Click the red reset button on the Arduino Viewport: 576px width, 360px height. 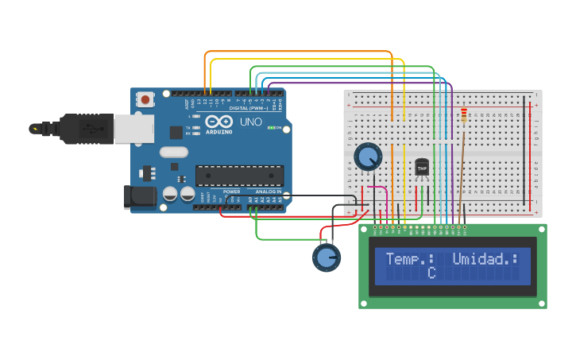click(146, 99)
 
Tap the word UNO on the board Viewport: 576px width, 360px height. click(251, 122)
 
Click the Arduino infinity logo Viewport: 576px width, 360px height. click(218, 122)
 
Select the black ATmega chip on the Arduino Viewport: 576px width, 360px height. click(239, 176)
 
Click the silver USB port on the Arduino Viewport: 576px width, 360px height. click(134, 128)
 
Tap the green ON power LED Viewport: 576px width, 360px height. click(271, 128)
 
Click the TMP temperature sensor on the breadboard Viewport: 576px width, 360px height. click(422, 168)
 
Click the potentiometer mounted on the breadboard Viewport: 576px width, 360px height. click(367, 157)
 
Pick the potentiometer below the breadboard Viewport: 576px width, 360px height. click(326, 257)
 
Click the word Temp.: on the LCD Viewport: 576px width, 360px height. click(410, 258)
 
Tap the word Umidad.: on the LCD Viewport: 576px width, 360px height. click(485, 258)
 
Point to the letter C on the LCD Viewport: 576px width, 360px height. click(431, 273)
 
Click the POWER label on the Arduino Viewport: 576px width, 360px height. click(232, 192)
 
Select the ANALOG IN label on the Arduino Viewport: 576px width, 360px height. click(269, 192)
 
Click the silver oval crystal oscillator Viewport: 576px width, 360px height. click(173, 152)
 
